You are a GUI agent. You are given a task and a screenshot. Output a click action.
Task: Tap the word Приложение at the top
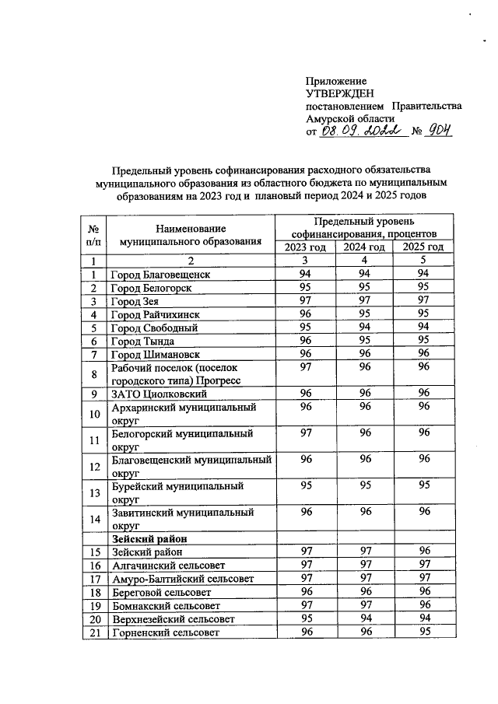point(336,81)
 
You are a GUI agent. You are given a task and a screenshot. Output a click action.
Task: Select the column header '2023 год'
point(305,247)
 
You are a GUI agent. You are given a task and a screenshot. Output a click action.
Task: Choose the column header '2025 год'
point(423,247)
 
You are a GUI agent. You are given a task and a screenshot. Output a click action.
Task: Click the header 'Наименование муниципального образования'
point(190,234)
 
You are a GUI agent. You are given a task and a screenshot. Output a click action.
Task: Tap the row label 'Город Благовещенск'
point(160,275)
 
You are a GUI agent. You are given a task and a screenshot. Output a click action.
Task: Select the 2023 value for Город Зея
point(305,301)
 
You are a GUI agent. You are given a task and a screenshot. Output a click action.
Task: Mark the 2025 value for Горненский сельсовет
point(423,632)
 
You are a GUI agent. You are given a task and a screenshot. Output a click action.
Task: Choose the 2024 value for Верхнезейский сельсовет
point(364,618)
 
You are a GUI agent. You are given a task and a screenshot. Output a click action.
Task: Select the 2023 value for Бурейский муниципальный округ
point(305,485)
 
